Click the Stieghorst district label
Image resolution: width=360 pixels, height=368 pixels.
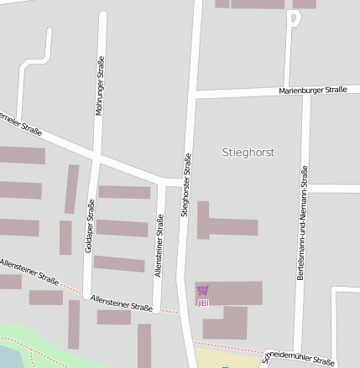(248, 153)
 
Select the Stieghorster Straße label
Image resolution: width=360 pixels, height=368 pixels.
(186, 185)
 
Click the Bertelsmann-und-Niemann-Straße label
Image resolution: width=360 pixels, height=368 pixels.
(301, 222)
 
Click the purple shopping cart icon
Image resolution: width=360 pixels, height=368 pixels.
(202, 291)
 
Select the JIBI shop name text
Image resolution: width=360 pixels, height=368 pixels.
(202, 302)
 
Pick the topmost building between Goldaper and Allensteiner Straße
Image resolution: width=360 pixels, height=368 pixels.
(123, 192)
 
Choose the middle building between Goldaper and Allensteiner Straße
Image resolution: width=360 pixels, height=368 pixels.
(122, 227)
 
